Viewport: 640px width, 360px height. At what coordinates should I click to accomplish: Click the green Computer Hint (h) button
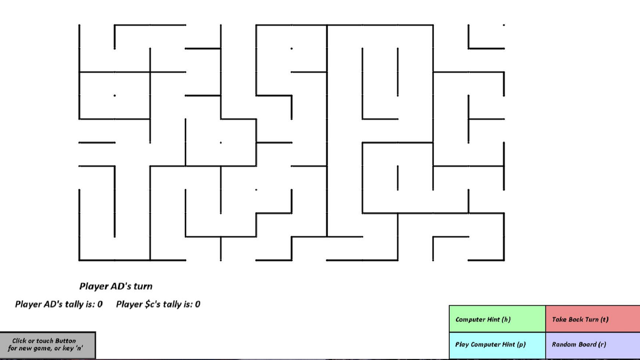coord(497,319)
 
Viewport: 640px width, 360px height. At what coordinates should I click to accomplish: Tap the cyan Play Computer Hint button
coord(497,345)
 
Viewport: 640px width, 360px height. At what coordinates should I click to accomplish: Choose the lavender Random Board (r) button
coord(593,345)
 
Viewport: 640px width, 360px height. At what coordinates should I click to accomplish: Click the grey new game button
coord(48,345)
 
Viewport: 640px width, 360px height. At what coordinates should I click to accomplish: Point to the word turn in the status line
coord(143,286)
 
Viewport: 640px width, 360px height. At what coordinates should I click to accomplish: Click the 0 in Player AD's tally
coord(100,304)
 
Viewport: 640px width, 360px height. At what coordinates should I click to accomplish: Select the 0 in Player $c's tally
coord(198,304)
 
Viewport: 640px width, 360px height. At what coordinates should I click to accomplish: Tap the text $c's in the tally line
coord(153,304)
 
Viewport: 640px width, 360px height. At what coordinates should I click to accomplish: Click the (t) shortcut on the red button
coord(604,319)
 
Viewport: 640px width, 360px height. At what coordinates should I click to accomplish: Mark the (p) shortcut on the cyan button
coord(521,344)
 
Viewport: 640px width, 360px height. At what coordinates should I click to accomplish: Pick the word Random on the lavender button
coord(564,344)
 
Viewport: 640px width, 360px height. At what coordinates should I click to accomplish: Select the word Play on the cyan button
coord(462,345)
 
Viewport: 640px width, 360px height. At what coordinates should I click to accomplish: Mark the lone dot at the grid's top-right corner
coord(504,25)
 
